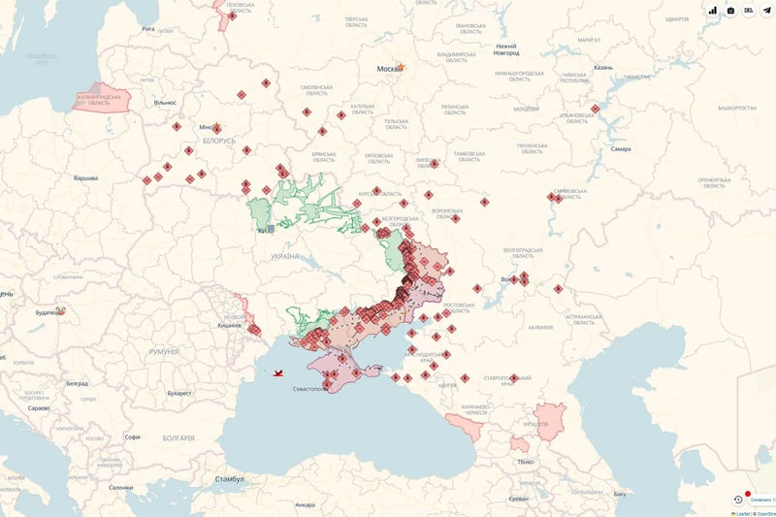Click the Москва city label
tap(388, 69)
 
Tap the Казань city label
tap(602, 67)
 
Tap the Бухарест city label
tap(178, 394)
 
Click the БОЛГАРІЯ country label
tap(176, 438)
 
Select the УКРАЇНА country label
tap(285, 256)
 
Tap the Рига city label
tap(147, 29)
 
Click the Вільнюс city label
tap(165, 102)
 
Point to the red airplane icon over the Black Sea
tap(279, 372)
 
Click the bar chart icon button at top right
tap(712, 10)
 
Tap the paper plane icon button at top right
tap(767, 10)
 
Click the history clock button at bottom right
tap(738, 499)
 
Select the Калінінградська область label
tap(102, 98)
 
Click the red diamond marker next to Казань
tap(595, 108)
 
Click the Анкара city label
tap(305, 504)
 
